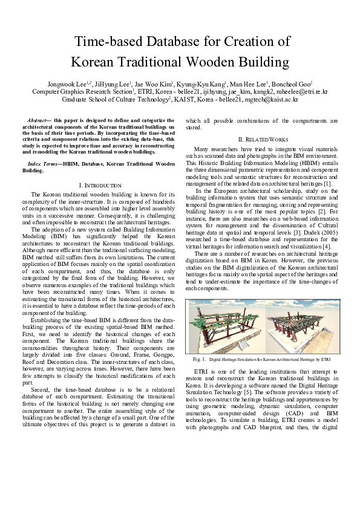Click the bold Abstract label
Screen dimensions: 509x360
39,122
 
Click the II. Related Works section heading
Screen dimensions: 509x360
261,140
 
